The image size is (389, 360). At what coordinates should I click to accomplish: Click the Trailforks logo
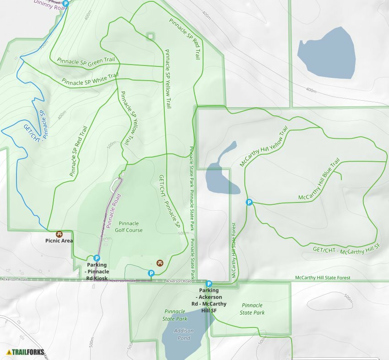pos(27,352)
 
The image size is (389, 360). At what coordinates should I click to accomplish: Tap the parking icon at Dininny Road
pos(65,4)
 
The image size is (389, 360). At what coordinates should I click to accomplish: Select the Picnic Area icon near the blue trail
pos(59,234)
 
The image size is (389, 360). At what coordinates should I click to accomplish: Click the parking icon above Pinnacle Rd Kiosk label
pos(97,258)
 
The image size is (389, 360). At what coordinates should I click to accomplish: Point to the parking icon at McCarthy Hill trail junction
pos(249,202)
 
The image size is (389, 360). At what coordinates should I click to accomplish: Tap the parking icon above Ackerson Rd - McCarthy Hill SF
pos(209,284)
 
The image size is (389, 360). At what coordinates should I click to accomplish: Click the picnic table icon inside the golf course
pos(160,262)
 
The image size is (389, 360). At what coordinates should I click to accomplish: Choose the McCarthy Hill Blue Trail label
pos(319,180)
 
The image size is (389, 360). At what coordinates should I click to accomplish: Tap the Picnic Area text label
pos(59,241)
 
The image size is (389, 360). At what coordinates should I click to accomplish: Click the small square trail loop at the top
pos(150,36)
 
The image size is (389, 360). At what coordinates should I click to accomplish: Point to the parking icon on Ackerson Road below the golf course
pos(151,273)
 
